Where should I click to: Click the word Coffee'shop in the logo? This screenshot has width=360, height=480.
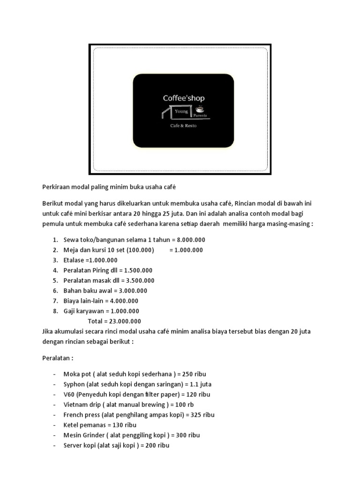point(183,98)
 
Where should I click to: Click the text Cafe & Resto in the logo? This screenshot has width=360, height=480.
point(183,127)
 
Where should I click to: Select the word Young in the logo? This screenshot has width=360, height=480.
point(181,112)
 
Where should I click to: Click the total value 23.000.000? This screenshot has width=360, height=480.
point(123,322)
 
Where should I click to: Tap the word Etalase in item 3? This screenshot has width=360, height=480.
point(74,260)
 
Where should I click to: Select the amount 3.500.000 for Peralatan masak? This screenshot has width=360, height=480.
point(137,281)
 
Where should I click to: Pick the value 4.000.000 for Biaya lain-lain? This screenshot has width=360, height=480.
point(123,301)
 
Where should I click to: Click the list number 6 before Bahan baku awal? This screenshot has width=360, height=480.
point(55,291)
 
